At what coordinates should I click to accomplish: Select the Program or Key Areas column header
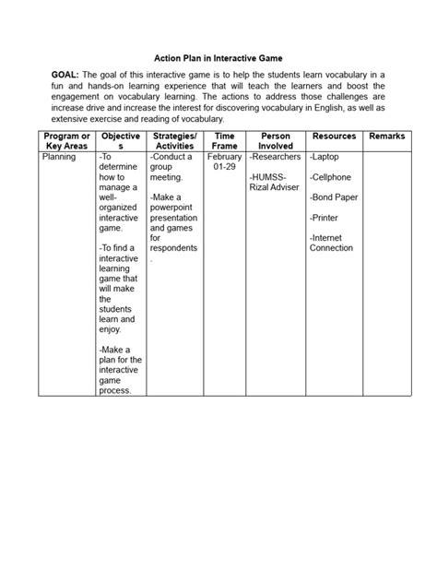point(66,141)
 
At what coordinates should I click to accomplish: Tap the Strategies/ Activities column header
point(175,141)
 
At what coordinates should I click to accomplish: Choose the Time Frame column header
point(225,141)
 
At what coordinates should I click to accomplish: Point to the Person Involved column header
point(276,141)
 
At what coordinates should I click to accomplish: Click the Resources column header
point(334,137)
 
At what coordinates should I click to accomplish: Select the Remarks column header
point(385,137)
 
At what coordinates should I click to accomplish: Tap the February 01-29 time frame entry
point(225,163)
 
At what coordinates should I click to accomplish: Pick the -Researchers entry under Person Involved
point(276,158)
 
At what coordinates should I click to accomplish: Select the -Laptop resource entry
point(325,158)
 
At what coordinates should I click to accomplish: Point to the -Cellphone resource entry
point(332,176)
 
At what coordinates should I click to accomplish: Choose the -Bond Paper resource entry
point(335,197)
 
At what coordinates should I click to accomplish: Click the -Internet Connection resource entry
point(332,243)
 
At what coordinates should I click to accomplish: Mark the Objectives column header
point(120,141)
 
